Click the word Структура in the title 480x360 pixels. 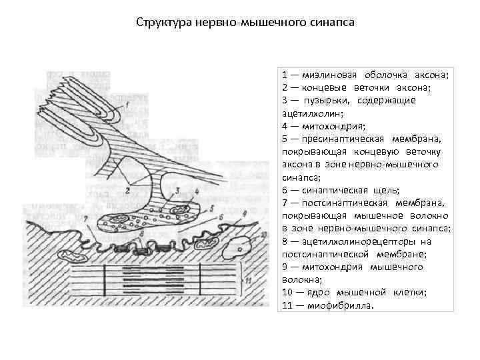164,22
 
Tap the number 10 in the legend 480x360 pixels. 287,292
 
